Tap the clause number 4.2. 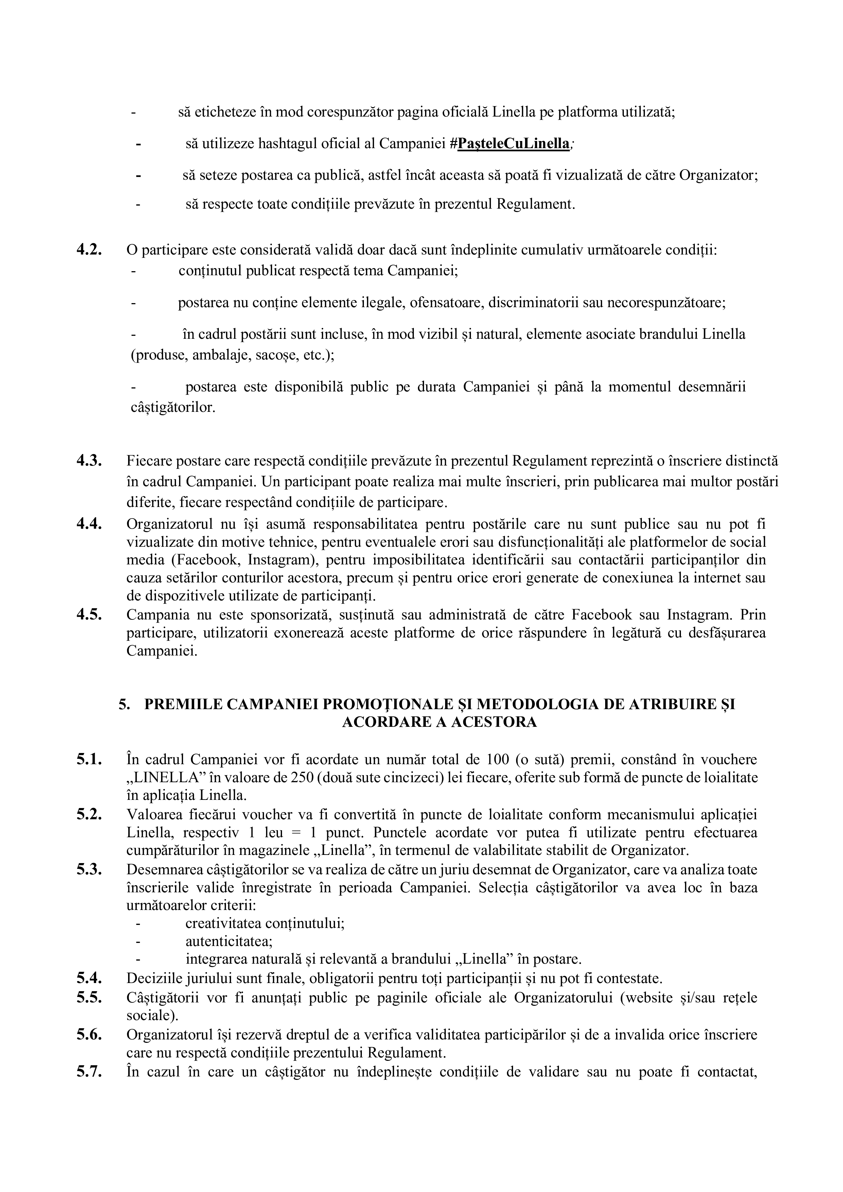tap(89, 250)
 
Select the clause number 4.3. tap(89, 460)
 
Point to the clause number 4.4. tap(89, 524)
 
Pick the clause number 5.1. tap(89, 759)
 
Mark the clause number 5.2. tap(89, 814)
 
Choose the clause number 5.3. tap(89, 869)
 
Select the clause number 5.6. tap(89, 1034)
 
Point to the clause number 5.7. tap(89, 1071)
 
